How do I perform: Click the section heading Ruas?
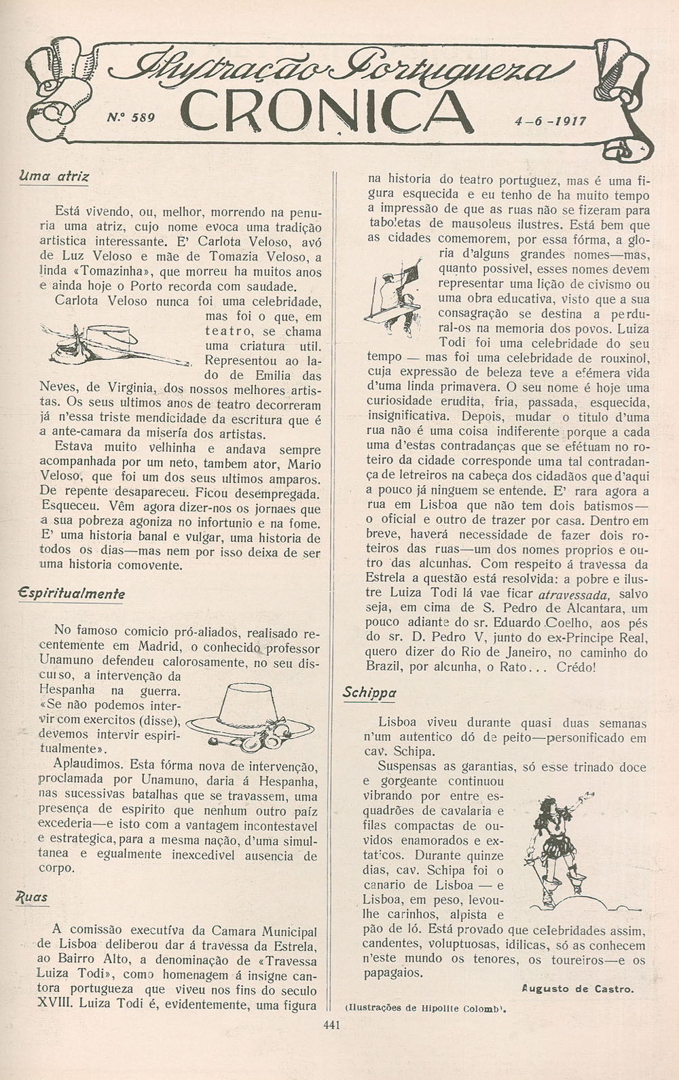33,897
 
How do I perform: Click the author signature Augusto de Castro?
578,989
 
